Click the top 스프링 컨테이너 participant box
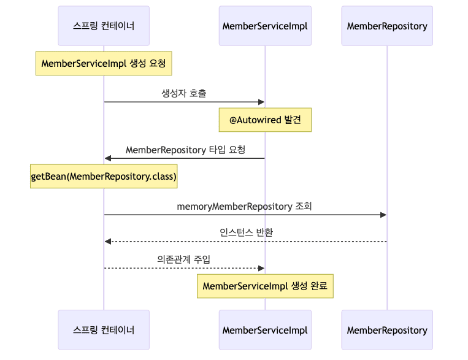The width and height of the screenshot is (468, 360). tap(104, 26)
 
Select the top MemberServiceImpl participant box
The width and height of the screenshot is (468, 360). tap(265, 26)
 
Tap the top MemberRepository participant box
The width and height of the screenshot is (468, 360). tap(387, 26)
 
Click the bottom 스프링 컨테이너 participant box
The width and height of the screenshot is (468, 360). tap(104, 329)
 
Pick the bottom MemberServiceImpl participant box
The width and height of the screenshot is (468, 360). tap(265, 329)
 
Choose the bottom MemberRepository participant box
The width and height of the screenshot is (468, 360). tap(387, 329)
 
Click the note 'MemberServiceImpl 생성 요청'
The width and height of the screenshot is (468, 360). tap(104, 63)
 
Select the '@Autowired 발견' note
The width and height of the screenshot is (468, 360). tap(265, 120)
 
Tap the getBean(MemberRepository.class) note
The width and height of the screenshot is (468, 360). tap(104, 177)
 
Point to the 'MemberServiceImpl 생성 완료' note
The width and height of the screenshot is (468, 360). tap(265, 286)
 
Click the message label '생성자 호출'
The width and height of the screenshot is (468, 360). tap(184, 93)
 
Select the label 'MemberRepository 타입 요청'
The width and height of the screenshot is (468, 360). tap(185, 150)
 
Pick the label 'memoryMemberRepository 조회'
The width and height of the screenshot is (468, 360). tap(245, 206)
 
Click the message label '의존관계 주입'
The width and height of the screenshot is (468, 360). tap(184, 259)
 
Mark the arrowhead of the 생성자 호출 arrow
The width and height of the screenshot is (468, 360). tap(261, 102)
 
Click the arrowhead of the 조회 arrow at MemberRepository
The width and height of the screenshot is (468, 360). tap(383, 215)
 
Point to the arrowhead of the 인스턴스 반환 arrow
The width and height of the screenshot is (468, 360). tap(108, 242)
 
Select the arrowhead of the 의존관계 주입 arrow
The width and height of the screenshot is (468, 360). tap(261, 268)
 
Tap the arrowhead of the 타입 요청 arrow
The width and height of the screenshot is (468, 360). tap(108, 158)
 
